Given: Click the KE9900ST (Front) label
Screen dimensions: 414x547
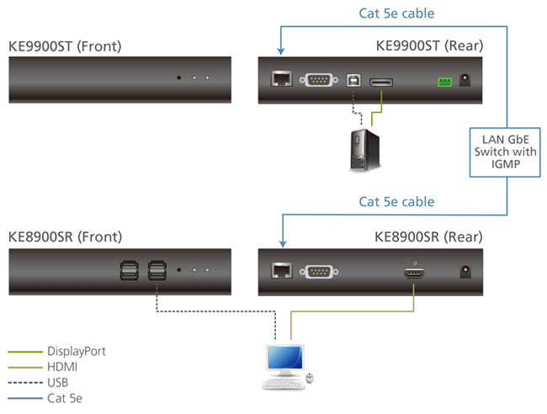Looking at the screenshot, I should pos(65,45).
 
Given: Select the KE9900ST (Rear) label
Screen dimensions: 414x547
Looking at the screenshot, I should pos(429,45).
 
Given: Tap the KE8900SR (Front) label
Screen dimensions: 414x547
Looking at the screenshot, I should pos(65,236).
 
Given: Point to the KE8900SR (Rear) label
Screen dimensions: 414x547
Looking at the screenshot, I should pos(429,236).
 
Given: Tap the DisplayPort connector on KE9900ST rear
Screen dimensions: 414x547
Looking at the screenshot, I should pos(383,82).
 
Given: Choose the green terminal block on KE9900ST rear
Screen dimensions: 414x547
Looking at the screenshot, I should pos(443,82).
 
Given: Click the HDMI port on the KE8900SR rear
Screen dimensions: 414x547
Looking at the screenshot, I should pos(413,272).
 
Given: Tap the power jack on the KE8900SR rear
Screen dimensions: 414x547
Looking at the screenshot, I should pos(465,272).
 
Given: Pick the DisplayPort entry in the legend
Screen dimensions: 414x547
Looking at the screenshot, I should pos(77,351).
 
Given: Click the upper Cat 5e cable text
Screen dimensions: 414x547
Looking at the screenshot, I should pos(396,13).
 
